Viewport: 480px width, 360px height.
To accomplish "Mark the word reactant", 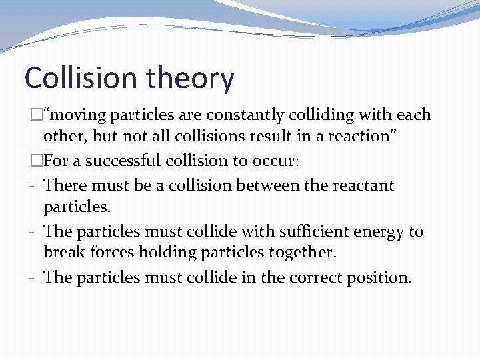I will (364, 185).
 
